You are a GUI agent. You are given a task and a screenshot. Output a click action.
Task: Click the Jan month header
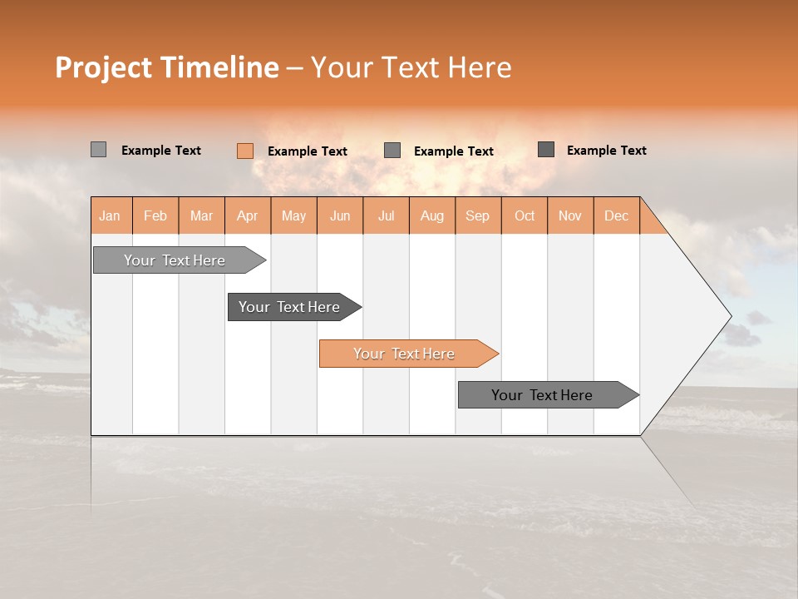[x=111, y=215]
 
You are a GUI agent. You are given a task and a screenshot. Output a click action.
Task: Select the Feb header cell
[x=155, y=215]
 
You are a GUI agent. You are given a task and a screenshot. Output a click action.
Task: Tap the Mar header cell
[x=201, y=215]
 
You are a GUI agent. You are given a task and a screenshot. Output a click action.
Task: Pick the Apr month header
[x=248, y=215]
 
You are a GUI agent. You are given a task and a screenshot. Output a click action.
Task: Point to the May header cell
[x=293, y=215]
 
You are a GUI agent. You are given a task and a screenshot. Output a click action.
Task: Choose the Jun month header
[x=340, y=215]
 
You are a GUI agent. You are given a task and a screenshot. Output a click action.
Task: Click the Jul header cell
[x=386, y=215]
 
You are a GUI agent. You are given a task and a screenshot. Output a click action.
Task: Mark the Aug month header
[x=432, y=215]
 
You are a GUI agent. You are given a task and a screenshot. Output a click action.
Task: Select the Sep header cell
[x=478, y=215]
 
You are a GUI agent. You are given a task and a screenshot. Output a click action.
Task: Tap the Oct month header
[x=525, y=215]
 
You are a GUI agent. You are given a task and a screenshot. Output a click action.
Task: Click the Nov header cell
[x=570, y=215]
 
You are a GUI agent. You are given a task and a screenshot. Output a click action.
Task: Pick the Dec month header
[x=617, y=215]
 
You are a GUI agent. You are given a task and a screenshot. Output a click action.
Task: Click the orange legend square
[x=245, y=151]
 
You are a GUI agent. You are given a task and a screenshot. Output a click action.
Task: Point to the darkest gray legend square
[x=546, y=150]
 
